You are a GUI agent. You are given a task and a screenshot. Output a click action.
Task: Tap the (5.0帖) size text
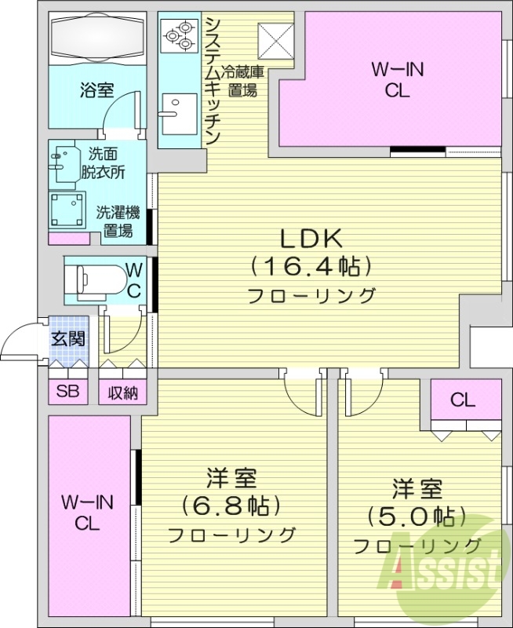(417, 517)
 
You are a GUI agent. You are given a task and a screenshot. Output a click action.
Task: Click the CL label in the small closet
(463, 400)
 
